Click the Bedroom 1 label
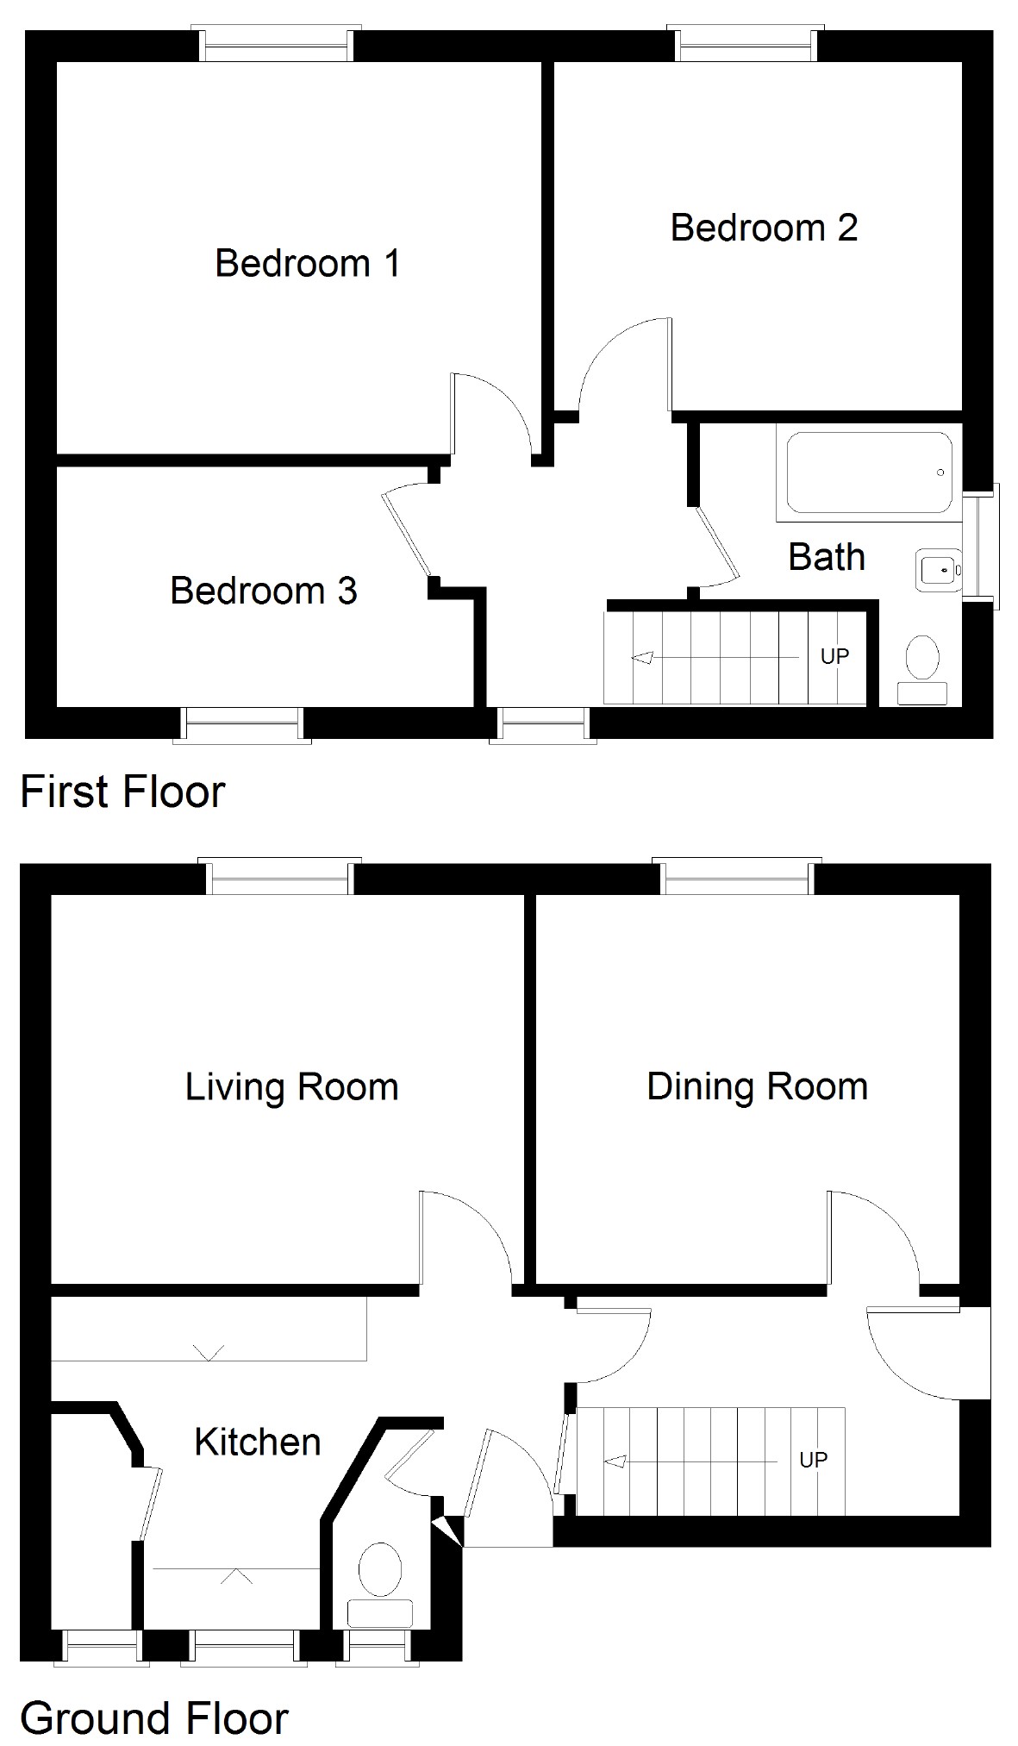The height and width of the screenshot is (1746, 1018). click(x=308, y=263)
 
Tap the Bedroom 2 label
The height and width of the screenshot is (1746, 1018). click(x=764, y=228)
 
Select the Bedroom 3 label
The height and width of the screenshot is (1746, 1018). click(x=264, y=591)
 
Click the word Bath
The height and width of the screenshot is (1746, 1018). click(x=827, y=557)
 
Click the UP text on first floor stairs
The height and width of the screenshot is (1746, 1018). click(x=834, y=657)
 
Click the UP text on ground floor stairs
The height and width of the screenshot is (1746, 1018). click(x=813, y=1460)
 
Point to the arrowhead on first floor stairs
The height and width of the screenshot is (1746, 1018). click(x=641, y=658)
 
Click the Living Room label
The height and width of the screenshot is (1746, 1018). click(x=292, y=1086)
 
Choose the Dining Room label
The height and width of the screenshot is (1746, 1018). click(x=758, y=1086)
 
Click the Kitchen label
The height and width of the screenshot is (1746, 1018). click(x=258, y=1442)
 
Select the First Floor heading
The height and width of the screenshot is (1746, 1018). click(x=122, y=792)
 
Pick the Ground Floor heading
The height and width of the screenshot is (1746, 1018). click(x=154, y=1718)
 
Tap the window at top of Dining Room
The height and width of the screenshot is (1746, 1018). click(x=737, y=876)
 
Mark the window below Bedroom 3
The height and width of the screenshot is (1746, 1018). click(x=242, y=725)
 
